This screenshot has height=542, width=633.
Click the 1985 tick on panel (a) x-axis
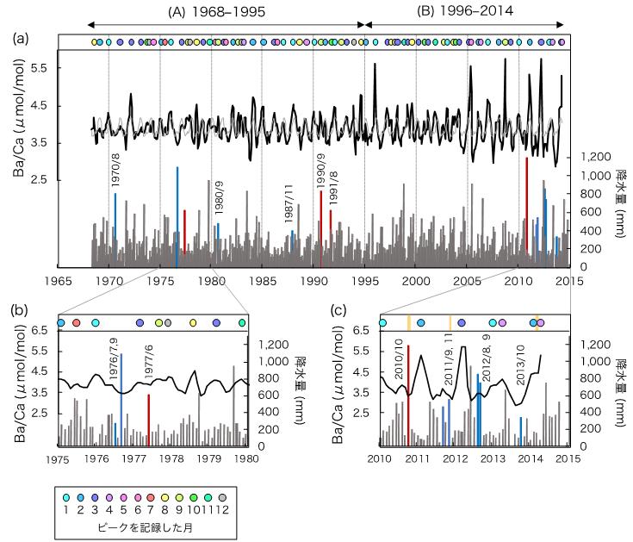pos(262,281)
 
